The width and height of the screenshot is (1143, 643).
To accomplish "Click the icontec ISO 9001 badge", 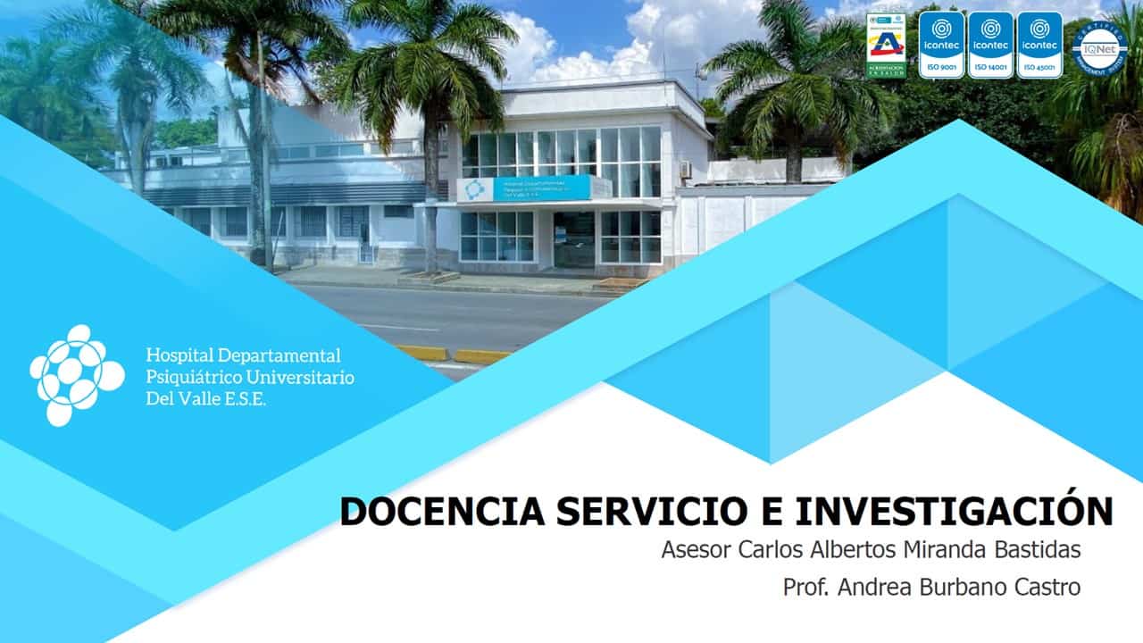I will (941, 45).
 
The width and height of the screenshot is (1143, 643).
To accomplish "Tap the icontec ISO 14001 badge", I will (990, 45).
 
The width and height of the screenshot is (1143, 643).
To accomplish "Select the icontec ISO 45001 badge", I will (1039, 45).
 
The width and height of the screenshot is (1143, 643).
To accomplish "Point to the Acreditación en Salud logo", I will (887, 46).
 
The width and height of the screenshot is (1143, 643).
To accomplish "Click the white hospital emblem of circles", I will (75, 374).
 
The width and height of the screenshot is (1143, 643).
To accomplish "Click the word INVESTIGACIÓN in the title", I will (954, 511).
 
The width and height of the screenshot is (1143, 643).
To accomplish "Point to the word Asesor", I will (697, 550).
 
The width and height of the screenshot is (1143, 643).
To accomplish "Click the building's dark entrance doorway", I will (573, 239).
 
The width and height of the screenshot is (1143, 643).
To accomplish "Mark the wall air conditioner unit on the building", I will (685, 169).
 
